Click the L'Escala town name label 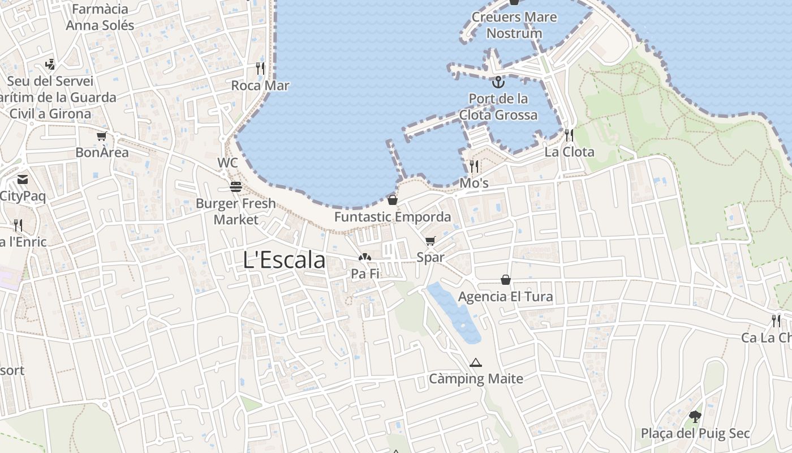[284, 260]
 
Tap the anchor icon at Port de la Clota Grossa [498, 83]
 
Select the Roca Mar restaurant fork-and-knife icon [260, 69]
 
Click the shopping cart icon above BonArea [102, 136]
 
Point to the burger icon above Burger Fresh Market [236, 186]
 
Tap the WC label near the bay [227, 163]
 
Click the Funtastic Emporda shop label [393, 217]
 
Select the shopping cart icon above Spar [430, 241]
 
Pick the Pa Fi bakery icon [365, 258]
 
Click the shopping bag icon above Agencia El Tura [505, 280]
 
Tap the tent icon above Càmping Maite [475, 362]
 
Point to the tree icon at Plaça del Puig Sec [695, 417]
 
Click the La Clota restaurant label [569, 152]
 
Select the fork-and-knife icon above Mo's [474, 166]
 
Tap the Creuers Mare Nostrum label [514, 25]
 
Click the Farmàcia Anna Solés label [100, 17]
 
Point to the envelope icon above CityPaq [23, 180]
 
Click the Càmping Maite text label [476, 379]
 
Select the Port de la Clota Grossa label [498, 106]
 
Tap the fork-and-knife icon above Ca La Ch [776, 321]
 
